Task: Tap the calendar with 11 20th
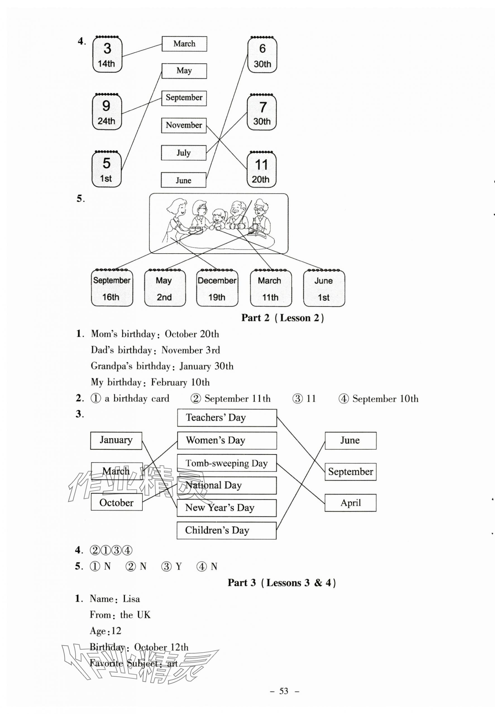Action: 261,170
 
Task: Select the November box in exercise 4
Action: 184,125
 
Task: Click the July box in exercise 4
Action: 184,153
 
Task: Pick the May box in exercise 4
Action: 184,71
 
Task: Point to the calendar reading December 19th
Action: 217,288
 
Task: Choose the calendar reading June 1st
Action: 324,288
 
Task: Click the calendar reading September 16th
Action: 112,288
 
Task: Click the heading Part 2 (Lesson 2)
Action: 283,318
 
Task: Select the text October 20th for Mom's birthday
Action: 192,334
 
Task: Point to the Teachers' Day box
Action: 227,418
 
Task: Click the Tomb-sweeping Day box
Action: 227,463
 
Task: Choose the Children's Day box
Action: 226,530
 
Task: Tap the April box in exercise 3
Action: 350,503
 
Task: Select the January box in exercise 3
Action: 116,440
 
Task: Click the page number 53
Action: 284,691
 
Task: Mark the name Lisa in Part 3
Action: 131,599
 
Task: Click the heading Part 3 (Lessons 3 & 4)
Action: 282,583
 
